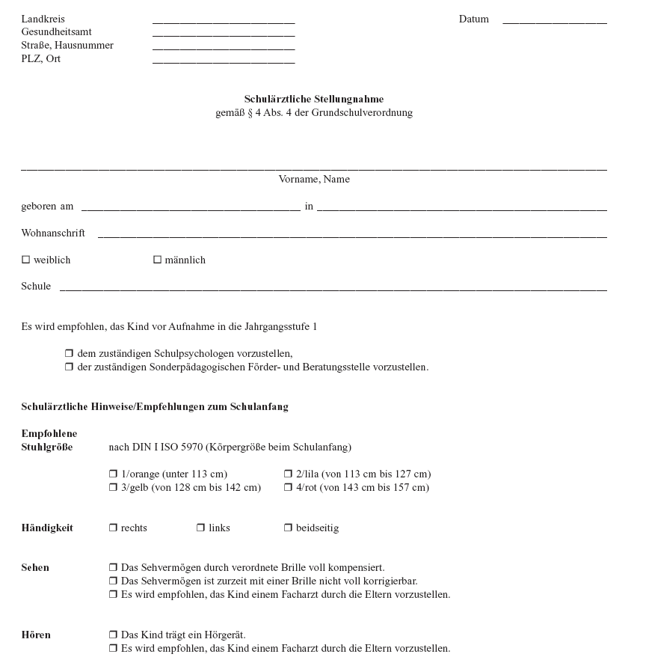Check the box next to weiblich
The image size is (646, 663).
pos(25,260)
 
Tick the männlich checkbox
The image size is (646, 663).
pos(157,260)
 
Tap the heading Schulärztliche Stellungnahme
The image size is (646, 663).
pos(314,100)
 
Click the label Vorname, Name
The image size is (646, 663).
pos(314,180)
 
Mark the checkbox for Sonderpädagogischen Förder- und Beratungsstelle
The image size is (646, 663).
pos(69,367)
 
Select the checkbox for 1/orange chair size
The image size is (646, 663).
pos(113,474)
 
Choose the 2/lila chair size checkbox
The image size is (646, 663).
pos(288,474)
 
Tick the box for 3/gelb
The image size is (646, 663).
pos(113,488)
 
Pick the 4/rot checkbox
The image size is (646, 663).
pos(288,488)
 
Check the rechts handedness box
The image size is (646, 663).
pos(113,528)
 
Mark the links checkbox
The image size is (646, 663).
pos(200,528)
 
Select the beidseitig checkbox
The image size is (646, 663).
pos(288,528)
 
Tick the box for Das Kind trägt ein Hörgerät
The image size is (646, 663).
pos(113,635)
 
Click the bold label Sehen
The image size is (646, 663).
pos(35,568)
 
